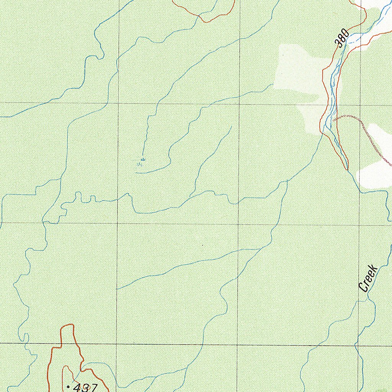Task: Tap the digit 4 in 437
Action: [77, 387]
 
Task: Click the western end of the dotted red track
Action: [334, 120]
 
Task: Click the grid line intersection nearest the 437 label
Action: [117, 344]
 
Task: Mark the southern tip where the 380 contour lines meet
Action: [347, 169]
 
